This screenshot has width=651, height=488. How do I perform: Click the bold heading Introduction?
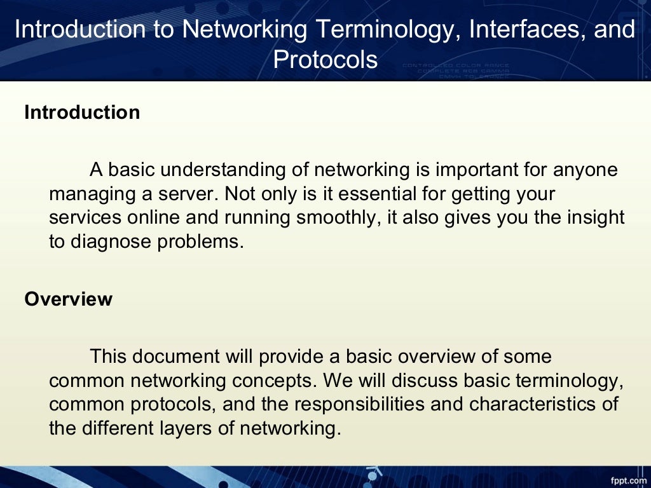pyautogui.click(x=82, y=112)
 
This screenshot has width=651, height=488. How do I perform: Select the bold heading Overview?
pyautogui.click(x=68, y=299)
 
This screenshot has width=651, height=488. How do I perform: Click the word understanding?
pyautogui.click(x=223, y=170)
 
